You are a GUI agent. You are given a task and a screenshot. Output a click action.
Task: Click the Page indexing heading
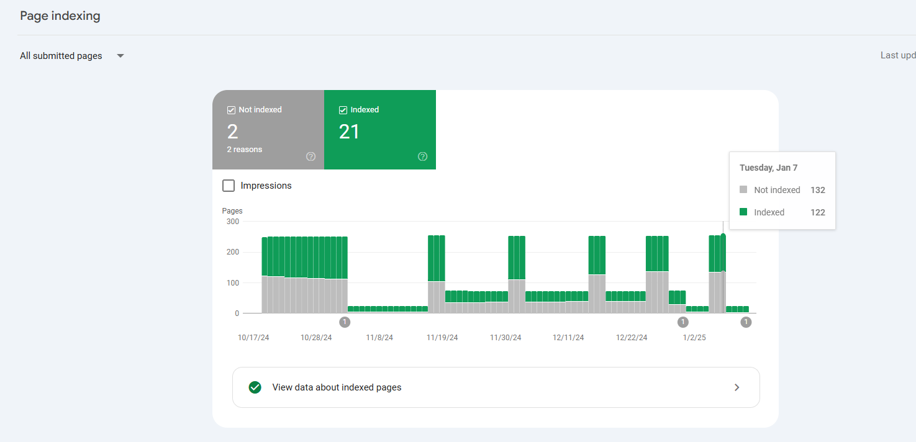60,16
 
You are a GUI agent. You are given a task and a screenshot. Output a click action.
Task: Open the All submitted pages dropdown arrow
120,56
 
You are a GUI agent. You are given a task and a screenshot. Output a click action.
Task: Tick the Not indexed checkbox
231,110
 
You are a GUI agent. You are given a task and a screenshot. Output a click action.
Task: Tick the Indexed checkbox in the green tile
343,110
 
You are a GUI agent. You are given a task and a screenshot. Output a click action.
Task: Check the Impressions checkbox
229,186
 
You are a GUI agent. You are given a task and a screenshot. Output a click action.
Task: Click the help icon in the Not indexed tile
311,156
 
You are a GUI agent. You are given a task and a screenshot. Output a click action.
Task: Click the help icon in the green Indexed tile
423,156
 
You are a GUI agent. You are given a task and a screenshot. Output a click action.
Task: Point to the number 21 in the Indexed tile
349,132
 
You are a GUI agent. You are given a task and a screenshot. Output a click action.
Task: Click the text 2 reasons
245,150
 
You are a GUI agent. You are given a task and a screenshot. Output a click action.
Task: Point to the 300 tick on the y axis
233,222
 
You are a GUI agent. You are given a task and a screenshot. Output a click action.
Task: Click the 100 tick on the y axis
233,283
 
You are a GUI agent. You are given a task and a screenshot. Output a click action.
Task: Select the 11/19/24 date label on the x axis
442,338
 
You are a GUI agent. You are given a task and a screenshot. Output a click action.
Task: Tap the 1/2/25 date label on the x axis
694,338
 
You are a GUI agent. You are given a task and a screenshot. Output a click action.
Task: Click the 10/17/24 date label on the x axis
253,338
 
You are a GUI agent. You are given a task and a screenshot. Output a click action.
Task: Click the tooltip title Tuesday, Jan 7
768,168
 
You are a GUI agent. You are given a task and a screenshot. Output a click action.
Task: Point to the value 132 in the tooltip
818,190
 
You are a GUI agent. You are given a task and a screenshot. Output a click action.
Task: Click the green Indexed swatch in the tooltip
743,212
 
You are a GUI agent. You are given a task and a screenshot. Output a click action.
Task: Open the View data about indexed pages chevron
737,387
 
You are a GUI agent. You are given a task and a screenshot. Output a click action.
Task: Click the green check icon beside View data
255,387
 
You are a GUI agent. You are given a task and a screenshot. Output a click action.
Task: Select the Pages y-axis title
232,211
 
